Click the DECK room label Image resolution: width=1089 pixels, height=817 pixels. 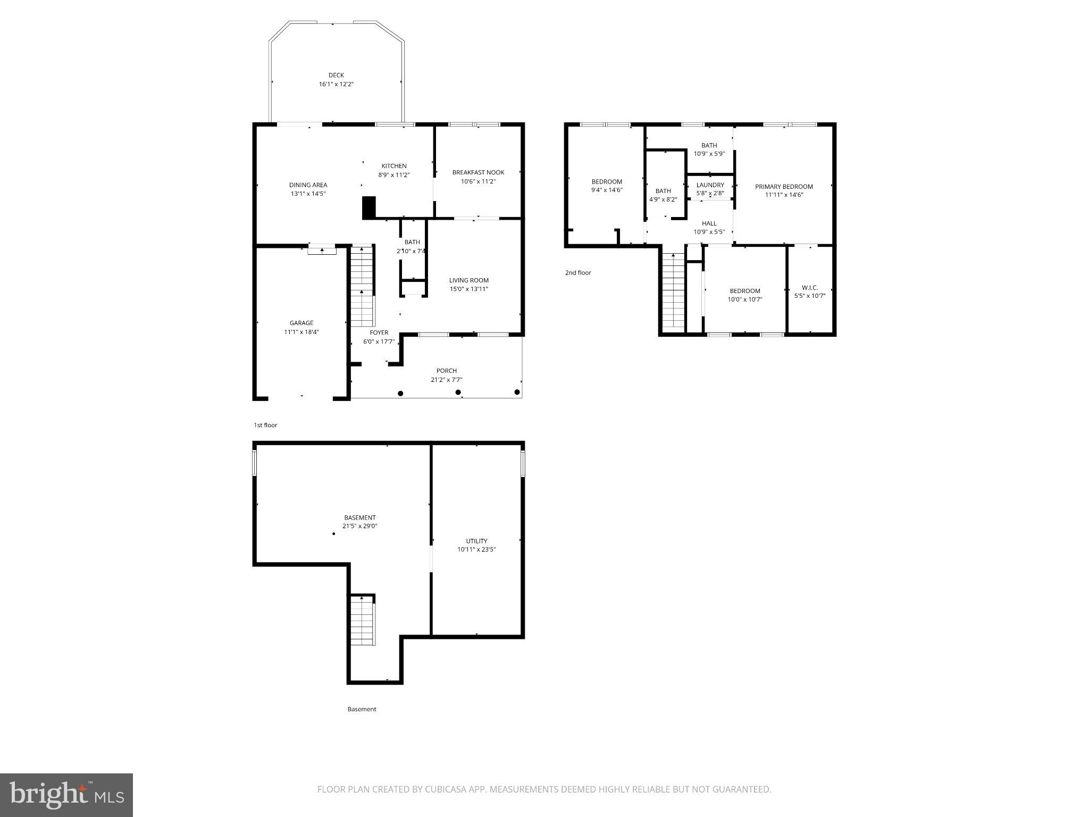coord(336,76)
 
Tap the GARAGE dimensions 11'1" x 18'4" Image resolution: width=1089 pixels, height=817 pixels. coord(301,332)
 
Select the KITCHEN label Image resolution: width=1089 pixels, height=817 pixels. coord(393,166)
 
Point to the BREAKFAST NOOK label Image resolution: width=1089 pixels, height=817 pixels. coord(478,172)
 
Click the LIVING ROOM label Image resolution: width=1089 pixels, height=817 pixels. coord(468,280)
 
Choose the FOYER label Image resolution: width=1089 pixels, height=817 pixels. coord(379,332)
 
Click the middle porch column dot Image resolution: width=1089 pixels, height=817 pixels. coord(458,393)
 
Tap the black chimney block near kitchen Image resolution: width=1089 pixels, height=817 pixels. coord(369,207)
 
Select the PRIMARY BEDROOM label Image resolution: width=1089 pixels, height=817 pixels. coord(784,187)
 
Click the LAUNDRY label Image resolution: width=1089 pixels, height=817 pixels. coord(710,185)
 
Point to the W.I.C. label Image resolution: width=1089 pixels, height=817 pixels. coord(809,288)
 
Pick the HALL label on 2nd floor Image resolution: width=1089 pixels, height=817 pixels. coord(709,223)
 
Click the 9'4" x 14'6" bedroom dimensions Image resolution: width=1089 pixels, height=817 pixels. coord(607,190)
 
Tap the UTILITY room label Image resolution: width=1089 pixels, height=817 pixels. coord(476,541)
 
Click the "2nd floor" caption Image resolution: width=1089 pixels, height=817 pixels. coord(578,273)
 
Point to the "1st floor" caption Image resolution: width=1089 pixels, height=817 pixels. coord(265,426)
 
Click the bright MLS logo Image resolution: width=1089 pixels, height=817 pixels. coord(66,795)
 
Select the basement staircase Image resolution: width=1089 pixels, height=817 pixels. coord(363,620)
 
